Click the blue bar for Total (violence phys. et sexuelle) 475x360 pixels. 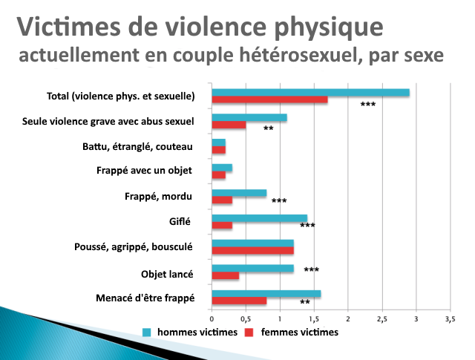coord(310,93)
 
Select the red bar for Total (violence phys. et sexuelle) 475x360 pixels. coord(269,100)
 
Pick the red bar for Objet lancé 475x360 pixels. coord(226,276)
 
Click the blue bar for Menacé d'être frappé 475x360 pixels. coord(266,294)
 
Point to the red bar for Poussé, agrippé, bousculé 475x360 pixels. coord(252,251)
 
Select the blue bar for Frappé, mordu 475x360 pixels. coord(239,193)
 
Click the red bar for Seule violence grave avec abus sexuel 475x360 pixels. coord(229,125)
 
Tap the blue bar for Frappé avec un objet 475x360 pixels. coord(222,168)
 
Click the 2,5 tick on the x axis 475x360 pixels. coord(381,318)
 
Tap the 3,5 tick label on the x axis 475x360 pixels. coord(450,318)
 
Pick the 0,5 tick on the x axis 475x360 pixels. coord(246,318)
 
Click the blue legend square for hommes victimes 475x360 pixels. coord(148,333)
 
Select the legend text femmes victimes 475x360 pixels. coord(299,333)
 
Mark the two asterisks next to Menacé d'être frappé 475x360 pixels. coord(304,302)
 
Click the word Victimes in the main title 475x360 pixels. coord(68,27)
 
